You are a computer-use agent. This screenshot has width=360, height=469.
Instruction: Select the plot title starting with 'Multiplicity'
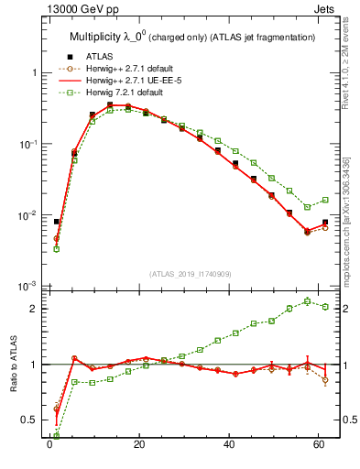pyautogui.click(x=192, y=37)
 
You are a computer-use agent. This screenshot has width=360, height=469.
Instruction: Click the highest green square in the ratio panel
pyautogui.click(x=307, y=300)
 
